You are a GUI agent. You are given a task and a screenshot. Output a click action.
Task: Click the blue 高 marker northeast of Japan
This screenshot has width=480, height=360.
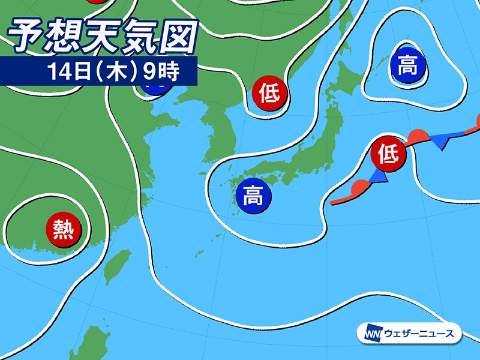(x=408, y=65)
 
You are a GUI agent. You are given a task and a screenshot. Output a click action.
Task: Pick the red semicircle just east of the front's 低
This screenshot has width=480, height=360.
(x=418, y=136)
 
